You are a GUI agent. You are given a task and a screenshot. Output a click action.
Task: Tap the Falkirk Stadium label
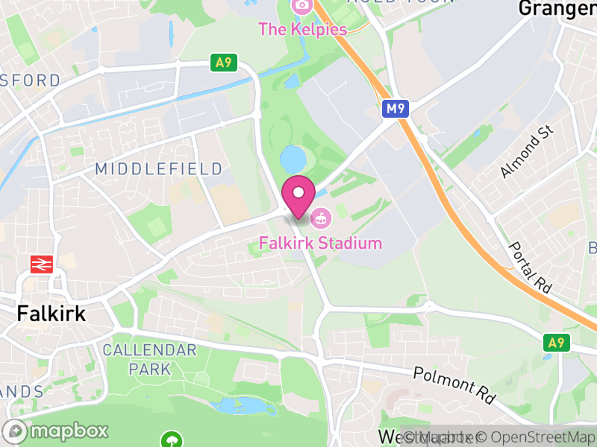pos(321,243)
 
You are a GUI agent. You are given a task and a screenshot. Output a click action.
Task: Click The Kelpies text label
pos(303,30)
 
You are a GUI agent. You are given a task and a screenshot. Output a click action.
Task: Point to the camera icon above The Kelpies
pos(301,6)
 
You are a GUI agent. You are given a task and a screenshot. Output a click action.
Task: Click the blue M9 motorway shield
pos(395,110)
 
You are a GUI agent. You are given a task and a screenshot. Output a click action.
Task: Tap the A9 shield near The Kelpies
pos(223,63)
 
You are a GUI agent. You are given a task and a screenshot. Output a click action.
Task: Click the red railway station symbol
pos(39,264)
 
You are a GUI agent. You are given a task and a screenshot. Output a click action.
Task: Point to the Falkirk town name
pos(51,314)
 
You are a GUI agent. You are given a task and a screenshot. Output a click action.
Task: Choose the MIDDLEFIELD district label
pos(159,169)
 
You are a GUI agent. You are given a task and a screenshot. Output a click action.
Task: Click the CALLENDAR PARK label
pos(149,358)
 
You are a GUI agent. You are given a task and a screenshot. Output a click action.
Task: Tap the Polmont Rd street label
pos(454,384)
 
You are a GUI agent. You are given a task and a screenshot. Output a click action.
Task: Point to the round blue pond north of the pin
pos(293,158)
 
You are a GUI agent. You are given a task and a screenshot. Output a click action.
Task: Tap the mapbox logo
pos(57,431)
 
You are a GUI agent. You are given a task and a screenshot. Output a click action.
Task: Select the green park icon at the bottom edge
pos(172,440)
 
